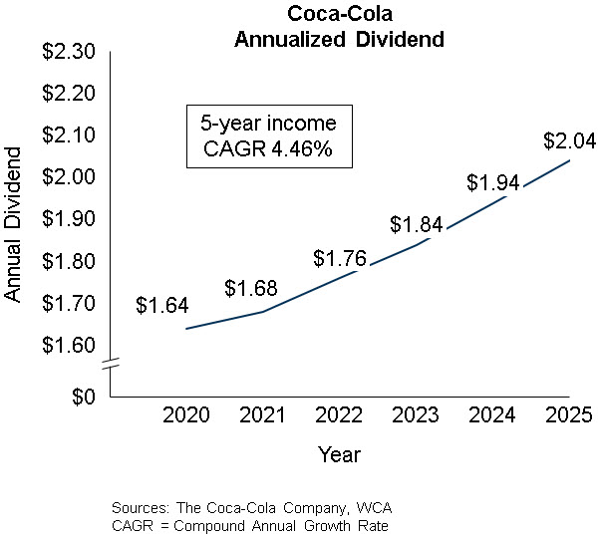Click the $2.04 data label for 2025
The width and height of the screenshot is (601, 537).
pos(569,141)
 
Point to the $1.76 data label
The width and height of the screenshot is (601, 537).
pos(340,258)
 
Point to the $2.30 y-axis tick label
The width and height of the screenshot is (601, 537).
pos(69,52)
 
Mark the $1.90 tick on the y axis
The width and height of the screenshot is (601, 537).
pos(69,219)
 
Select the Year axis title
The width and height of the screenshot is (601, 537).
pos(339,454)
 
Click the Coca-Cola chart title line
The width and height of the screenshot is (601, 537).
pos(338,14)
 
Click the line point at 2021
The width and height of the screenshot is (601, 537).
pos(263,312)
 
